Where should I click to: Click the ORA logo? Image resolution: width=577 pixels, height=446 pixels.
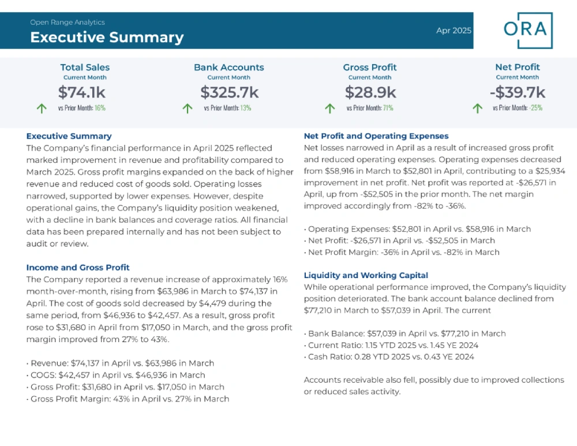528,30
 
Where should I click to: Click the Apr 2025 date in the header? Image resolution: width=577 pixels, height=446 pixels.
454,31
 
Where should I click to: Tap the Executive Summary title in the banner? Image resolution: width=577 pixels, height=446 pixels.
107,38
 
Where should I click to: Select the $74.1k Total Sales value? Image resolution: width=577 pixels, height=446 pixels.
82,92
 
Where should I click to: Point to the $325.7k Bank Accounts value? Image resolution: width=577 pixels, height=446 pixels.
229,92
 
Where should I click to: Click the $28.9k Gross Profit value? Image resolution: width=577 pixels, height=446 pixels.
370,92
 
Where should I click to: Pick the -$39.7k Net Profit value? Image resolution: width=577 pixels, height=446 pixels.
518,92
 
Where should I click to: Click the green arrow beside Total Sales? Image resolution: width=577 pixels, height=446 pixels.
42,108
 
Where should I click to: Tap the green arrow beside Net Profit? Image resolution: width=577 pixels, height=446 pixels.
477,108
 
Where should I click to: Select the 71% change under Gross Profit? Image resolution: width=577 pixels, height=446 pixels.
388,108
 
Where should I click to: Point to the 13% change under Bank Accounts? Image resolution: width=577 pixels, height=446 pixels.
245,108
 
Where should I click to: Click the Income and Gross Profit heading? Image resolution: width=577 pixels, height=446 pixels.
78,268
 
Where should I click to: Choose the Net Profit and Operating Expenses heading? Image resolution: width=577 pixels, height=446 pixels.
376,136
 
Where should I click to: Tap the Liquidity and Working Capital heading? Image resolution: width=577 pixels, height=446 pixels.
366,275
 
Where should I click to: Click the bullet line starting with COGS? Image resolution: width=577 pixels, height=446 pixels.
116,375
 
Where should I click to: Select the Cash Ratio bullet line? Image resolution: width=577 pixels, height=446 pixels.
389,357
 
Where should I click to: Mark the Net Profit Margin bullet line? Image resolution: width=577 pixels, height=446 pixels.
402,252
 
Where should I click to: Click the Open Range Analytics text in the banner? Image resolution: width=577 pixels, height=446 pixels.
68,23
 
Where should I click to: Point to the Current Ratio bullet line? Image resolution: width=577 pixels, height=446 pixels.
391,345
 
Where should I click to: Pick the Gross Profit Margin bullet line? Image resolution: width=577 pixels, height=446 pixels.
128,399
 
